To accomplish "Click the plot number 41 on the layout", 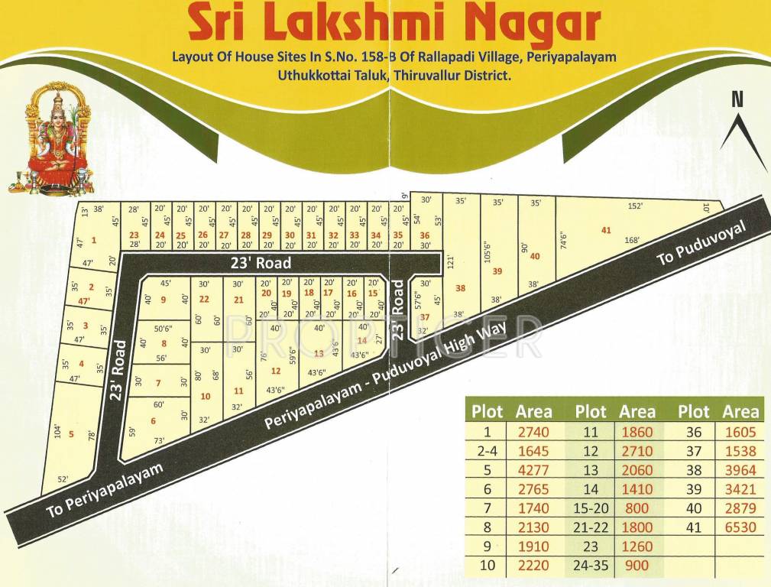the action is pyautogui.click(x=606, y=230).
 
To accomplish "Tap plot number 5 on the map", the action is pyautogui.click(x=71, y=434).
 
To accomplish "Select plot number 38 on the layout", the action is pyautogui.click(x=459, y=288).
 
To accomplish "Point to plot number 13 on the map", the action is pyautogui.click(x=319, y=353).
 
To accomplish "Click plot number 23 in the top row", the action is pyautogui.click(x=134, y=235).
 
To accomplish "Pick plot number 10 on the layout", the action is pyautogui.click(x=205, y=396).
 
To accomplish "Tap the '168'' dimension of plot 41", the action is pyautogui.click(x=632, y=240).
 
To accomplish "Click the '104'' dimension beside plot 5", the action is pyautogui.click(x=57, y=430).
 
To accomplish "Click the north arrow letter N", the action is pyautogui.click(x=737, y=99).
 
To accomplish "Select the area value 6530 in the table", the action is pyautogui.click(x=740, y=527).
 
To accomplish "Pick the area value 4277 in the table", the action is pyautogui.click(x=533, y=469).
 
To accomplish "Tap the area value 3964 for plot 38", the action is pyautogui.click(x=740, y=470).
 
